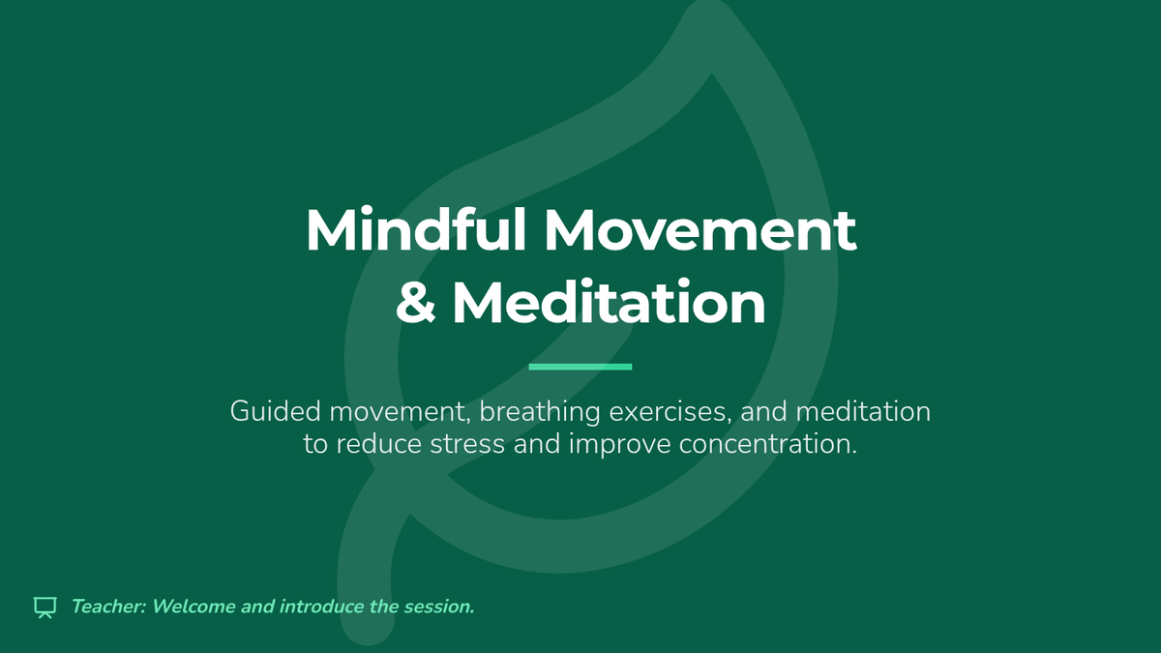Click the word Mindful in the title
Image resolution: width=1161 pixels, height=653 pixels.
coord(416,229)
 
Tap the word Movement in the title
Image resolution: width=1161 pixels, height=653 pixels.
coord(700,230)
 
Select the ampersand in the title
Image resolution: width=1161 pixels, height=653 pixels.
coord(416,303)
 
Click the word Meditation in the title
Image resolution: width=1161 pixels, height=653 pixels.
coord(609,302)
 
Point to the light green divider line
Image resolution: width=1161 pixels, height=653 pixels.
coord(580,367)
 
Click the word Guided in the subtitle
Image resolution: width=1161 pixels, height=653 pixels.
coord(275,411)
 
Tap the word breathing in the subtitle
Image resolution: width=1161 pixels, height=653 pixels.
coord(540,412)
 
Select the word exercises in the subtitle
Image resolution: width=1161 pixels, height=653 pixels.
coord(670,412)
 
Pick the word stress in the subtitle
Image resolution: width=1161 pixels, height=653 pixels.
coord(467,445)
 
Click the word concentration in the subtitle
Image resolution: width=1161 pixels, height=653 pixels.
coord(768,445)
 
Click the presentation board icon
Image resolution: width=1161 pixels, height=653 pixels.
coord(45,608)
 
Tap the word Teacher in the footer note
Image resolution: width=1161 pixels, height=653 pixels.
coord(108,607)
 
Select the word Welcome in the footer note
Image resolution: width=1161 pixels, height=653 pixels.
coord(193,607)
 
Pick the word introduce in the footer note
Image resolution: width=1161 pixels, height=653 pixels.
coord(321,607)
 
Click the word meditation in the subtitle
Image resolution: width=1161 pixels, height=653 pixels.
coord(863,411)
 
